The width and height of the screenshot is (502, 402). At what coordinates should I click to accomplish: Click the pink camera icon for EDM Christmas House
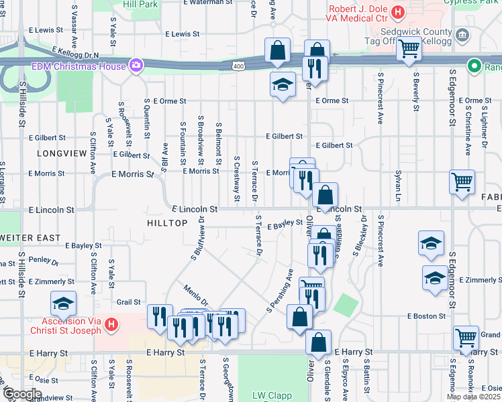(x=137, y=66)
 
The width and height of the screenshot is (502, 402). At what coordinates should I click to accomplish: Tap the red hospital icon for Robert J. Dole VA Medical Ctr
(x=398, y=12)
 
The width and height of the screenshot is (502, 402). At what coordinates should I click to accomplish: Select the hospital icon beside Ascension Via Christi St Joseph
(x=111, y=326)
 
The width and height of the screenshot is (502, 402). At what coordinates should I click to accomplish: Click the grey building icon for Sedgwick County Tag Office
(x=461, y=35)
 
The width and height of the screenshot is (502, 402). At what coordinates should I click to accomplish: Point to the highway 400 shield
(x=238, y=66)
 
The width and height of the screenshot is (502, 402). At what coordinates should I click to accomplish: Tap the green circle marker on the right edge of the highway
(x=475, y=66)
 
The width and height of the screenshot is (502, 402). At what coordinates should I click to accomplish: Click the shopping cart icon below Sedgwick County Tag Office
(x=409, y=48)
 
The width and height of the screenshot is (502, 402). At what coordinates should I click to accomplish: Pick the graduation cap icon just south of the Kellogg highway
(x=283, y=84)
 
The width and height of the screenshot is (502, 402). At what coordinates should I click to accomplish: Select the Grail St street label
(x=129, y=302)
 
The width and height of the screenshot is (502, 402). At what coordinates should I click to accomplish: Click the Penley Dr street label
(x=44, y=259)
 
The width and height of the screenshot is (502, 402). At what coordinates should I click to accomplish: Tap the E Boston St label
(x=425, y=316)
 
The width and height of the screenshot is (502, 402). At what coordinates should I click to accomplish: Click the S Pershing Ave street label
(x=280, y=291)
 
